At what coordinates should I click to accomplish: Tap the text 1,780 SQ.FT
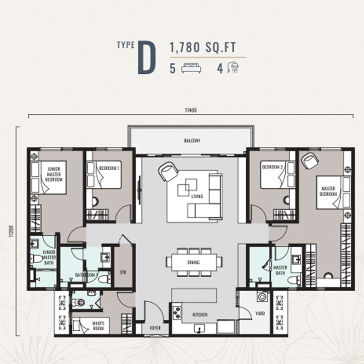[202, 47]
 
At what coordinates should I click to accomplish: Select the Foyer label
[155, 328]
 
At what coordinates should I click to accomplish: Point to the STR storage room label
[122, 273]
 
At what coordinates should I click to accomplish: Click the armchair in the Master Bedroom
[311, 161]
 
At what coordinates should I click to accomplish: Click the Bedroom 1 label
[110, 167]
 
